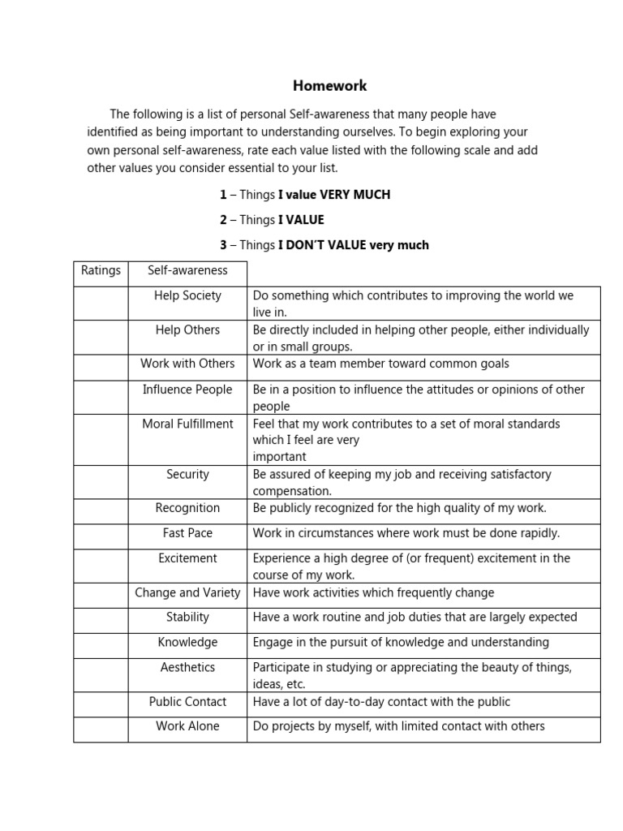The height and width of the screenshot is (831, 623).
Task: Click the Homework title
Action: coord(329,86)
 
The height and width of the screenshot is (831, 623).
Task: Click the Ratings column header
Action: coord(101,270)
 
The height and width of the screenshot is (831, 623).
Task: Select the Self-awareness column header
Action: coord(187,270)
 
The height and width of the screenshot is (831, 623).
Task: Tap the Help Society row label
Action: coord(187,296)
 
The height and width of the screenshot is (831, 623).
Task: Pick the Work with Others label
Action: coord(187,364)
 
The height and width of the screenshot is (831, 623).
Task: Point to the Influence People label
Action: coord(187,390)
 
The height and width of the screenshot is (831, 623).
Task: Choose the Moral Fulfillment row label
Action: coord(187,424)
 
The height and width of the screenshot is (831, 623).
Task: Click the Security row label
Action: coord(187,474)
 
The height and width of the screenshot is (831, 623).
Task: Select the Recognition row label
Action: coord(187,508)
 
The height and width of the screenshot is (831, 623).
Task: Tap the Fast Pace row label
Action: coord(187,533)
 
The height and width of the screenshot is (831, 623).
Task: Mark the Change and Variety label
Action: coord(187,592)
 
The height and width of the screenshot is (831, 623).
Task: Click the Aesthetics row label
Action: coord(187,667)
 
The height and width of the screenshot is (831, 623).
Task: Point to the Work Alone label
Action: coord(187,726)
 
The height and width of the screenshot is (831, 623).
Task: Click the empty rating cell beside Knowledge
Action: coord(101,646)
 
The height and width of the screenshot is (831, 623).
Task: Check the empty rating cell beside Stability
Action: coord(101,621)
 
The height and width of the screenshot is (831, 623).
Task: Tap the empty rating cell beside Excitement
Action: coord(101,566)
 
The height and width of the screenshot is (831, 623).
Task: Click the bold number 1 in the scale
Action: coord(223,195)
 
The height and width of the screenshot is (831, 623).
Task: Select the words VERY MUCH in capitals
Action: coord(355,195)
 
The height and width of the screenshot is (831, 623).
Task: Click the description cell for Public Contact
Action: coord(423,702)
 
